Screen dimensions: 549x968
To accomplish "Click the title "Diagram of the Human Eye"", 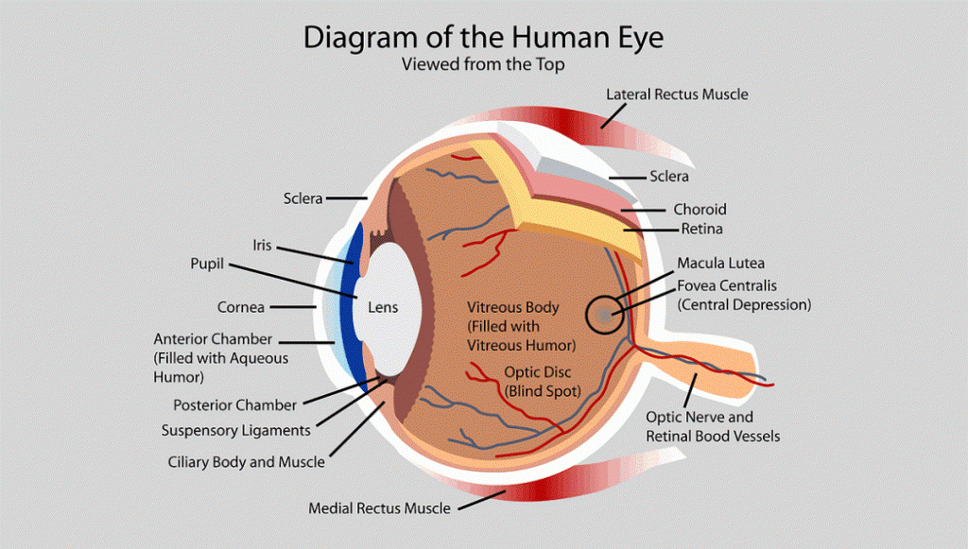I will pos(483,38).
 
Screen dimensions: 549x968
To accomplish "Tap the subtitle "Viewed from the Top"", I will pos(483,65).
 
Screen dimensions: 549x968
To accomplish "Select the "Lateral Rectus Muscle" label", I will pos(677,94).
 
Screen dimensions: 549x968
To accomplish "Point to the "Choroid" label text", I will pos(700,209).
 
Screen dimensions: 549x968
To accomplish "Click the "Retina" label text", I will pos(702,230).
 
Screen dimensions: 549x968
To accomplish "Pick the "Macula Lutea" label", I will pos(720,263).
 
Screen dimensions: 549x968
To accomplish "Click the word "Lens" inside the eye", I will pos(383,307).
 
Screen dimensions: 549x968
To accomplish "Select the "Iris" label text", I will pos(262,245).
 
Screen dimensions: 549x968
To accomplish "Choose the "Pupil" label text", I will pos(207,264).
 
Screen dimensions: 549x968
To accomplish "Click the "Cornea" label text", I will pos(241,307).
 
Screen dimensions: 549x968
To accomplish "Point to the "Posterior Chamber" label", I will pos(235,405).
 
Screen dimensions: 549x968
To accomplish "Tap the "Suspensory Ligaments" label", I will pos(235,431).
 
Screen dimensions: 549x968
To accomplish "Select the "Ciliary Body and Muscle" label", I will pos(246,462).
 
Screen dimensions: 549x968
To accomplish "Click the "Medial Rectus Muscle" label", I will pos(379,508).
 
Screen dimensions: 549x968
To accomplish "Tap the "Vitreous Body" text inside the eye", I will pos(513,308).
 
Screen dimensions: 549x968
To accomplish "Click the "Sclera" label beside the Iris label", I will pos(303,198).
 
